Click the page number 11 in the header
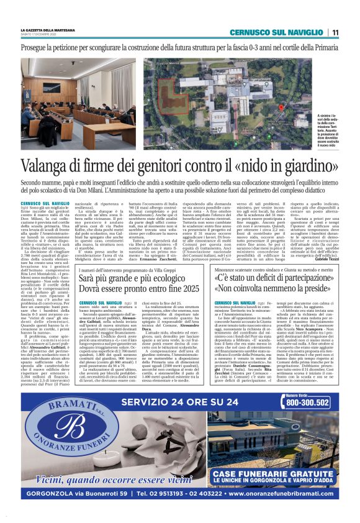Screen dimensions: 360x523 (335, 32)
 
